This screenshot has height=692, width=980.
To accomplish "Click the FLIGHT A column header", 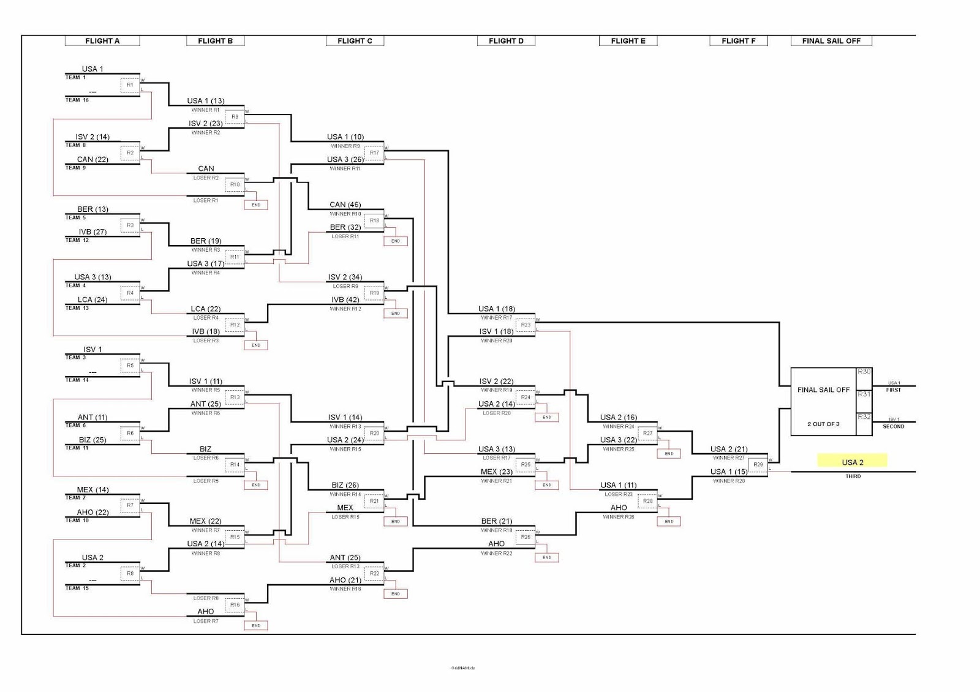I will click(x=102, y=41).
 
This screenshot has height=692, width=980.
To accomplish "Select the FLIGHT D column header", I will click(x=506, y=41).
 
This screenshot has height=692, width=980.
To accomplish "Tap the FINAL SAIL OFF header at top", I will click(x=831, y=41).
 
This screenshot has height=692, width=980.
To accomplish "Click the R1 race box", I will click(x=130, y=85).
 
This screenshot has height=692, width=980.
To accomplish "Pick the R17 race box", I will click(x=374, y=153).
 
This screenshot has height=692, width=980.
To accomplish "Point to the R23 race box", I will click(x=526, y=325).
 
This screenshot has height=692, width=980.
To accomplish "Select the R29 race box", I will click(x=758, y=465).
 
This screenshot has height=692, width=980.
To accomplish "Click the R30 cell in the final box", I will click(x=864, y=372).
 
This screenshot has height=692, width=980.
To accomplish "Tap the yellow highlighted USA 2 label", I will click(x=852, y=462).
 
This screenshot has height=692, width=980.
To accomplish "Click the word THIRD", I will click(x=853, y=476).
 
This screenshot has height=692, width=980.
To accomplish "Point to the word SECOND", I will click(x=893, y=427).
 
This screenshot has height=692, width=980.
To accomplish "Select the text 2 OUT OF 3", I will click(x=823, y=424).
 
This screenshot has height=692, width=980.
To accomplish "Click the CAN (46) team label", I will click(x=345, y=205).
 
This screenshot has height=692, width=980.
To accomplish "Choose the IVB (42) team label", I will click(x=345, y=300).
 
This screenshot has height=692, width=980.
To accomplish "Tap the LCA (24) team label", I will click(x=92, y=300).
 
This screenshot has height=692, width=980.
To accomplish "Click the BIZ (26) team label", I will click(x=345, y=486).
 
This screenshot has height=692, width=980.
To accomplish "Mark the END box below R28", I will click(x=669, y=522).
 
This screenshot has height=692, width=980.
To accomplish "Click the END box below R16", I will click(x=256, y=626).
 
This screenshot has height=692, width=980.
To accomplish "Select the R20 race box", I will click(x=374, y=433).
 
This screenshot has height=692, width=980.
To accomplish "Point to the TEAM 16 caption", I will click(x=77, y=100).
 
